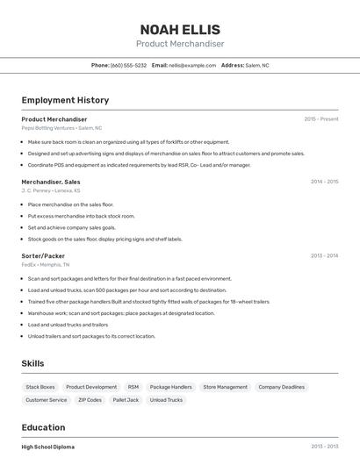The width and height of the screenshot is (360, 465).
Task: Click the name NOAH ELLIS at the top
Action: click(180, 29)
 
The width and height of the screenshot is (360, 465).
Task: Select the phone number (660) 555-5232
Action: click(128, 65)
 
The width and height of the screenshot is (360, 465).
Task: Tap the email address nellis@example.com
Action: click(192, 65)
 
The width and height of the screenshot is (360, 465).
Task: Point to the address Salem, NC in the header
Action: click(257, 65)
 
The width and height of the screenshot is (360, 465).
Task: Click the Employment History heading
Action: click(65, 100)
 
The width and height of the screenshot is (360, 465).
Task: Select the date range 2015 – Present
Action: click(320, 119)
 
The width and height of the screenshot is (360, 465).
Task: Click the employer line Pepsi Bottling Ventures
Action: click(61, 128)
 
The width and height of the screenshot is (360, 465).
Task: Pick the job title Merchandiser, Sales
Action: click(51, 182)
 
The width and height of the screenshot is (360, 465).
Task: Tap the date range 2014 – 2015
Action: click(324, 182)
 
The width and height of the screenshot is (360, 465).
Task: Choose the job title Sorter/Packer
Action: click(43, 255)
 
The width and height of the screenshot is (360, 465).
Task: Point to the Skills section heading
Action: click(32, 363)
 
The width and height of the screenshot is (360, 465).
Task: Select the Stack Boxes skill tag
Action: click(40, 387)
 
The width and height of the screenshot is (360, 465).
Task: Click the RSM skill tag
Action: click(133, 387)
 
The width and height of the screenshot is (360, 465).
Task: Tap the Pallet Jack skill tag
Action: click(126, 400)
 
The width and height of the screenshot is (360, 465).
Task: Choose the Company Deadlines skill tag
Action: click(281, 387)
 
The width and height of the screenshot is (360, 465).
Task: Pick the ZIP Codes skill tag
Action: click(90, 400)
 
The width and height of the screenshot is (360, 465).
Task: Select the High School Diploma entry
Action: click(48, 447)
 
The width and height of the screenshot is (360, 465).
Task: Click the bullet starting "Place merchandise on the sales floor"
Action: click(70, 204)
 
